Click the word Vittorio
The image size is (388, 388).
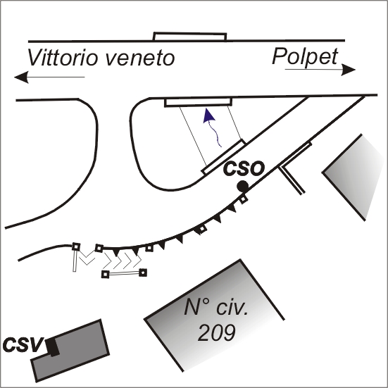[x=61, y=57]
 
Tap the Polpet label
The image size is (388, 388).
[x=305, y=57]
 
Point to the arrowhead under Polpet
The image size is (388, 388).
[x=349, y=70]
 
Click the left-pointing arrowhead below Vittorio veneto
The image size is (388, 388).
[x=21, y=77]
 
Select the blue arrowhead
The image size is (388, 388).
[x=209, y=115]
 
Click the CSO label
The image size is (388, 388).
[x=244, y=169]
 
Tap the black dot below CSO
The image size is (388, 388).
[x=242, y=187]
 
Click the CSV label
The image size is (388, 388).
[x=23, y=344]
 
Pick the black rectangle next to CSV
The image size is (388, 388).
[x=53, y=347]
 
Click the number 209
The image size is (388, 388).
[x=216, y=332]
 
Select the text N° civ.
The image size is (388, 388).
[x=215, y=307]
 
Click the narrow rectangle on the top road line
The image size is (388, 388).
[x=190, y=37]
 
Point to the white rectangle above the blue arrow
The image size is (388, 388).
[x=199, y=102]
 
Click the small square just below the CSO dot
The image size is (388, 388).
[x=244, y=199]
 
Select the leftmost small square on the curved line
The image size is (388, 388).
[x=76, y=246]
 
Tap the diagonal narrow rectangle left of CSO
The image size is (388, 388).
[x=223, y=157]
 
